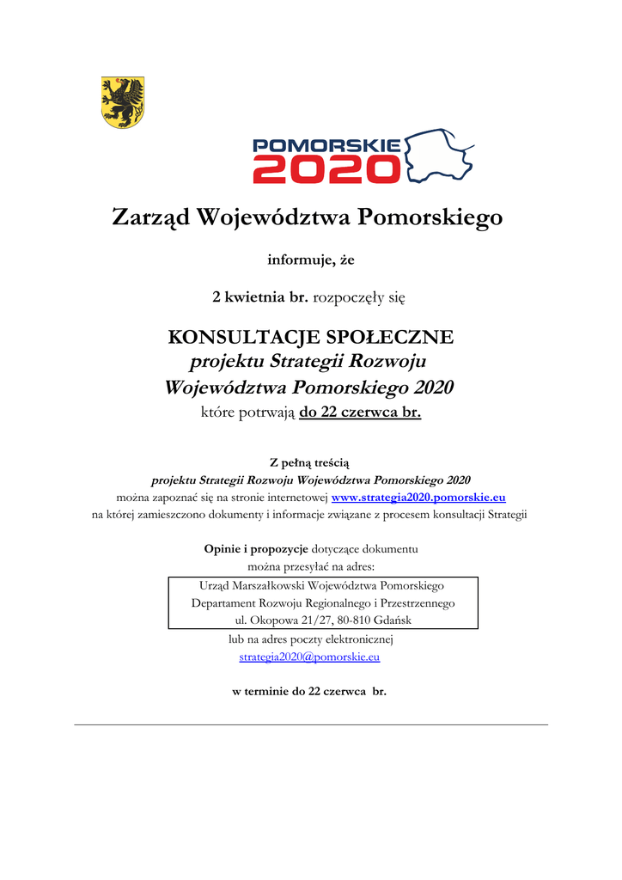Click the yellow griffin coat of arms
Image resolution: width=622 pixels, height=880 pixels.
point(123,101)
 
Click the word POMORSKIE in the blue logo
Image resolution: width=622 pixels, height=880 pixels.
point(326,145)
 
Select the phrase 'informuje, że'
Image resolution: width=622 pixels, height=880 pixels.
point(310,260)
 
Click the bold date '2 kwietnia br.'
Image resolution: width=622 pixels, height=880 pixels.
point(260,298)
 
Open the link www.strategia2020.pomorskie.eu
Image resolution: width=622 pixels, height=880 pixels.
point(418,498)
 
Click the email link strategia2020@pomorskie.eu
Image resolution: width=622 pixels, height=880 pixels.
point(309,657)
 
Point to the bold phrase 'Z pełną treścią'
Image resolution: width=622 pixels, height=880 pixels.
point(310,463)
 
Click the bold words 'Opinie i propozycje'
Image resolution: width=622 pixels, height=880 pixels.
point(256,548)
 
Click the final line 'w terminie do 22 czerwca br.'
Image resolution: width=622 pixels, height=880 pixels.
point(310,692)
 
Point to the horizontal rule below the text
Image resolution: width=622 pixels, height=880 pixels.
point(310,724)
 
